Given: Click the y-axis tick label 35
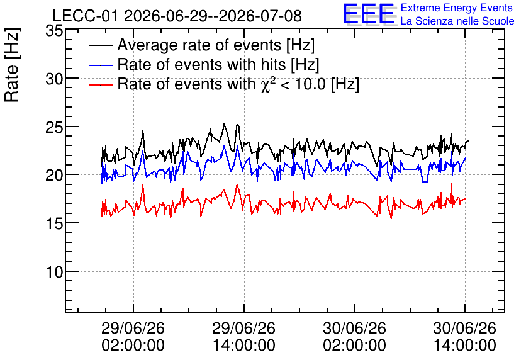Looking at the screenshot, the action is [54, 31].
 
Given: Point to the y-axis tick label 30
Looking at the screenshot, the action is [54, 79].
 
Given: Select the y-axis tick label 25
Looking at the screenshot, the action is [54, 128].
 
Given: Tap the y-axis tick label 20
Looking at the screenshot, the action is [54, 176].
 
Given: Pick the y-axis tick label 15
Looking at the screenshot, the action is [54, 224].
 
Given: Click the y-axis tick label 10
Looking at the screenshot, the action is [54, 272].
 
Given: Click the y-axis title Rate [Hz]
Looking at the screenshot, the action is [12, 65].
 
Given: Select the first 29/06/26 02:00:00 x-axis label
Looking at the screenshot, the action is [133, 337].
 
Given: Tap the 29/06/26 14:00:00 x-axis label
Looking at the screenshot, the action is [244, 337].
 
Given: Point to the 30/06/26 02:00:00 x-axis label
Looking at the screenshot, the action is [355, 337].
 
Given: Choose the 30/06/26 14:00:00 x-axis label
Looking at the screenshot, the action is [464, 337].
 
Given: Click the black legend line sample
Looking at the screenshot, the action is [100, 45].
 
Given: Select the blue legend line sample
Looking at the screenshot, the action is [100, 65].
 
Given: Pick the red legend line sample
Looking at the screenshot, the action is [100, 84].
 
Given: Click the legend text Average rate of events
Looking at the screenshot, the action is [199, 45].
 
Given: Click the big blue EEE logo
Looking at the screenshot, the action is [369, 14].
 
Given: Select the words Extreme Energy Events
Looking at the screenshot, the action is [457, 8].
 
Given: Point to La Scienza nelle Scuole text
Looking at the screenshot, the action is [457, 21].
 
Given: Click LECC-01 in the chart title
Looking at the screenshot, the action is [86, 16].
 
